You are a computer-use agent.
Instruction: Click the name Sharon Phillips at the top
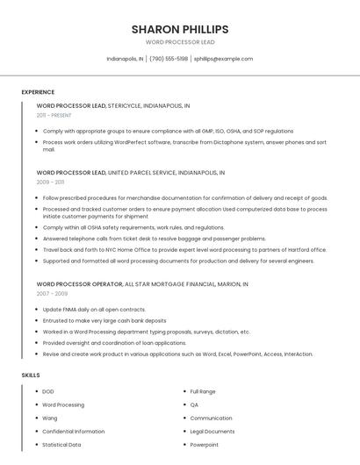[180, 29]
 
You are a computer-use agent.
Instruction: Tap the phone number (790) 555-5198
[169, 59]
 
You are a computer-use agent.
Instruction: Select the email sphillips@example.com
[223, 59]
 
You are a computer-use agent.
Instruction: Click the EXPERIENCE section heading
[38, 92]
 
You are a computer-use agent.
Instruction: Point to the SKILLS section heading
[31, 375]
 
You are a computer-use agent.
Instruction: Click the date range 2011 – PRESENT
[54, 115]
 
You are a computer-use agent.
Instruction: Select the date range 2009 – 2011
[50, 182]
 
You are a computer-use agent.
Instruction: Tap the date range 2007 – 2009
[52, 294]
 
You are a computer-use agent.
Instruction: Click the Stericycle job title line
[112, 105]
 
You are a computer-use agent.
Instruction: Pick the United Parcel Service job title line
[130, 173]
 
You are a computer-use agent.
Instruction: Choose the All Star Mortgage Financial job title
[142, 284]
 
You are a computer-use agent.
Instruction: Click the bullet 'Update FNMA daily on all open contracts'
[94, 309]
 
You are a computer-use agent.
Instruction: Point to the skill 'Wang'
[50, 418]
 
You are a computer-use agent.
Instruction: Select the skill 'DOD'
[48, 391]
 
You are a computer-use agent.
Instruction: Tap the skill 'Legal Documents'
[212, 432]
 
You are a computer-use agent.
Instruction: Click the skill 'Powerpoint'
[205, 445]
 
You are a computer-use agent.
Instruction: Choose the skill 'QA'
[194, 404]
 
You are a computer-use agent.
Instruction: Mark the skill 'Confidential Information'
[74, 432]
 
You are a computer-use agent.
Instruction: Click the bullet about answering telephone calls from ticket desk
[154, 239]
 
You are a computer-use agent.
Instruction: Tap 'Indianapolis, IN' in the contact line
[125, 59]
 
